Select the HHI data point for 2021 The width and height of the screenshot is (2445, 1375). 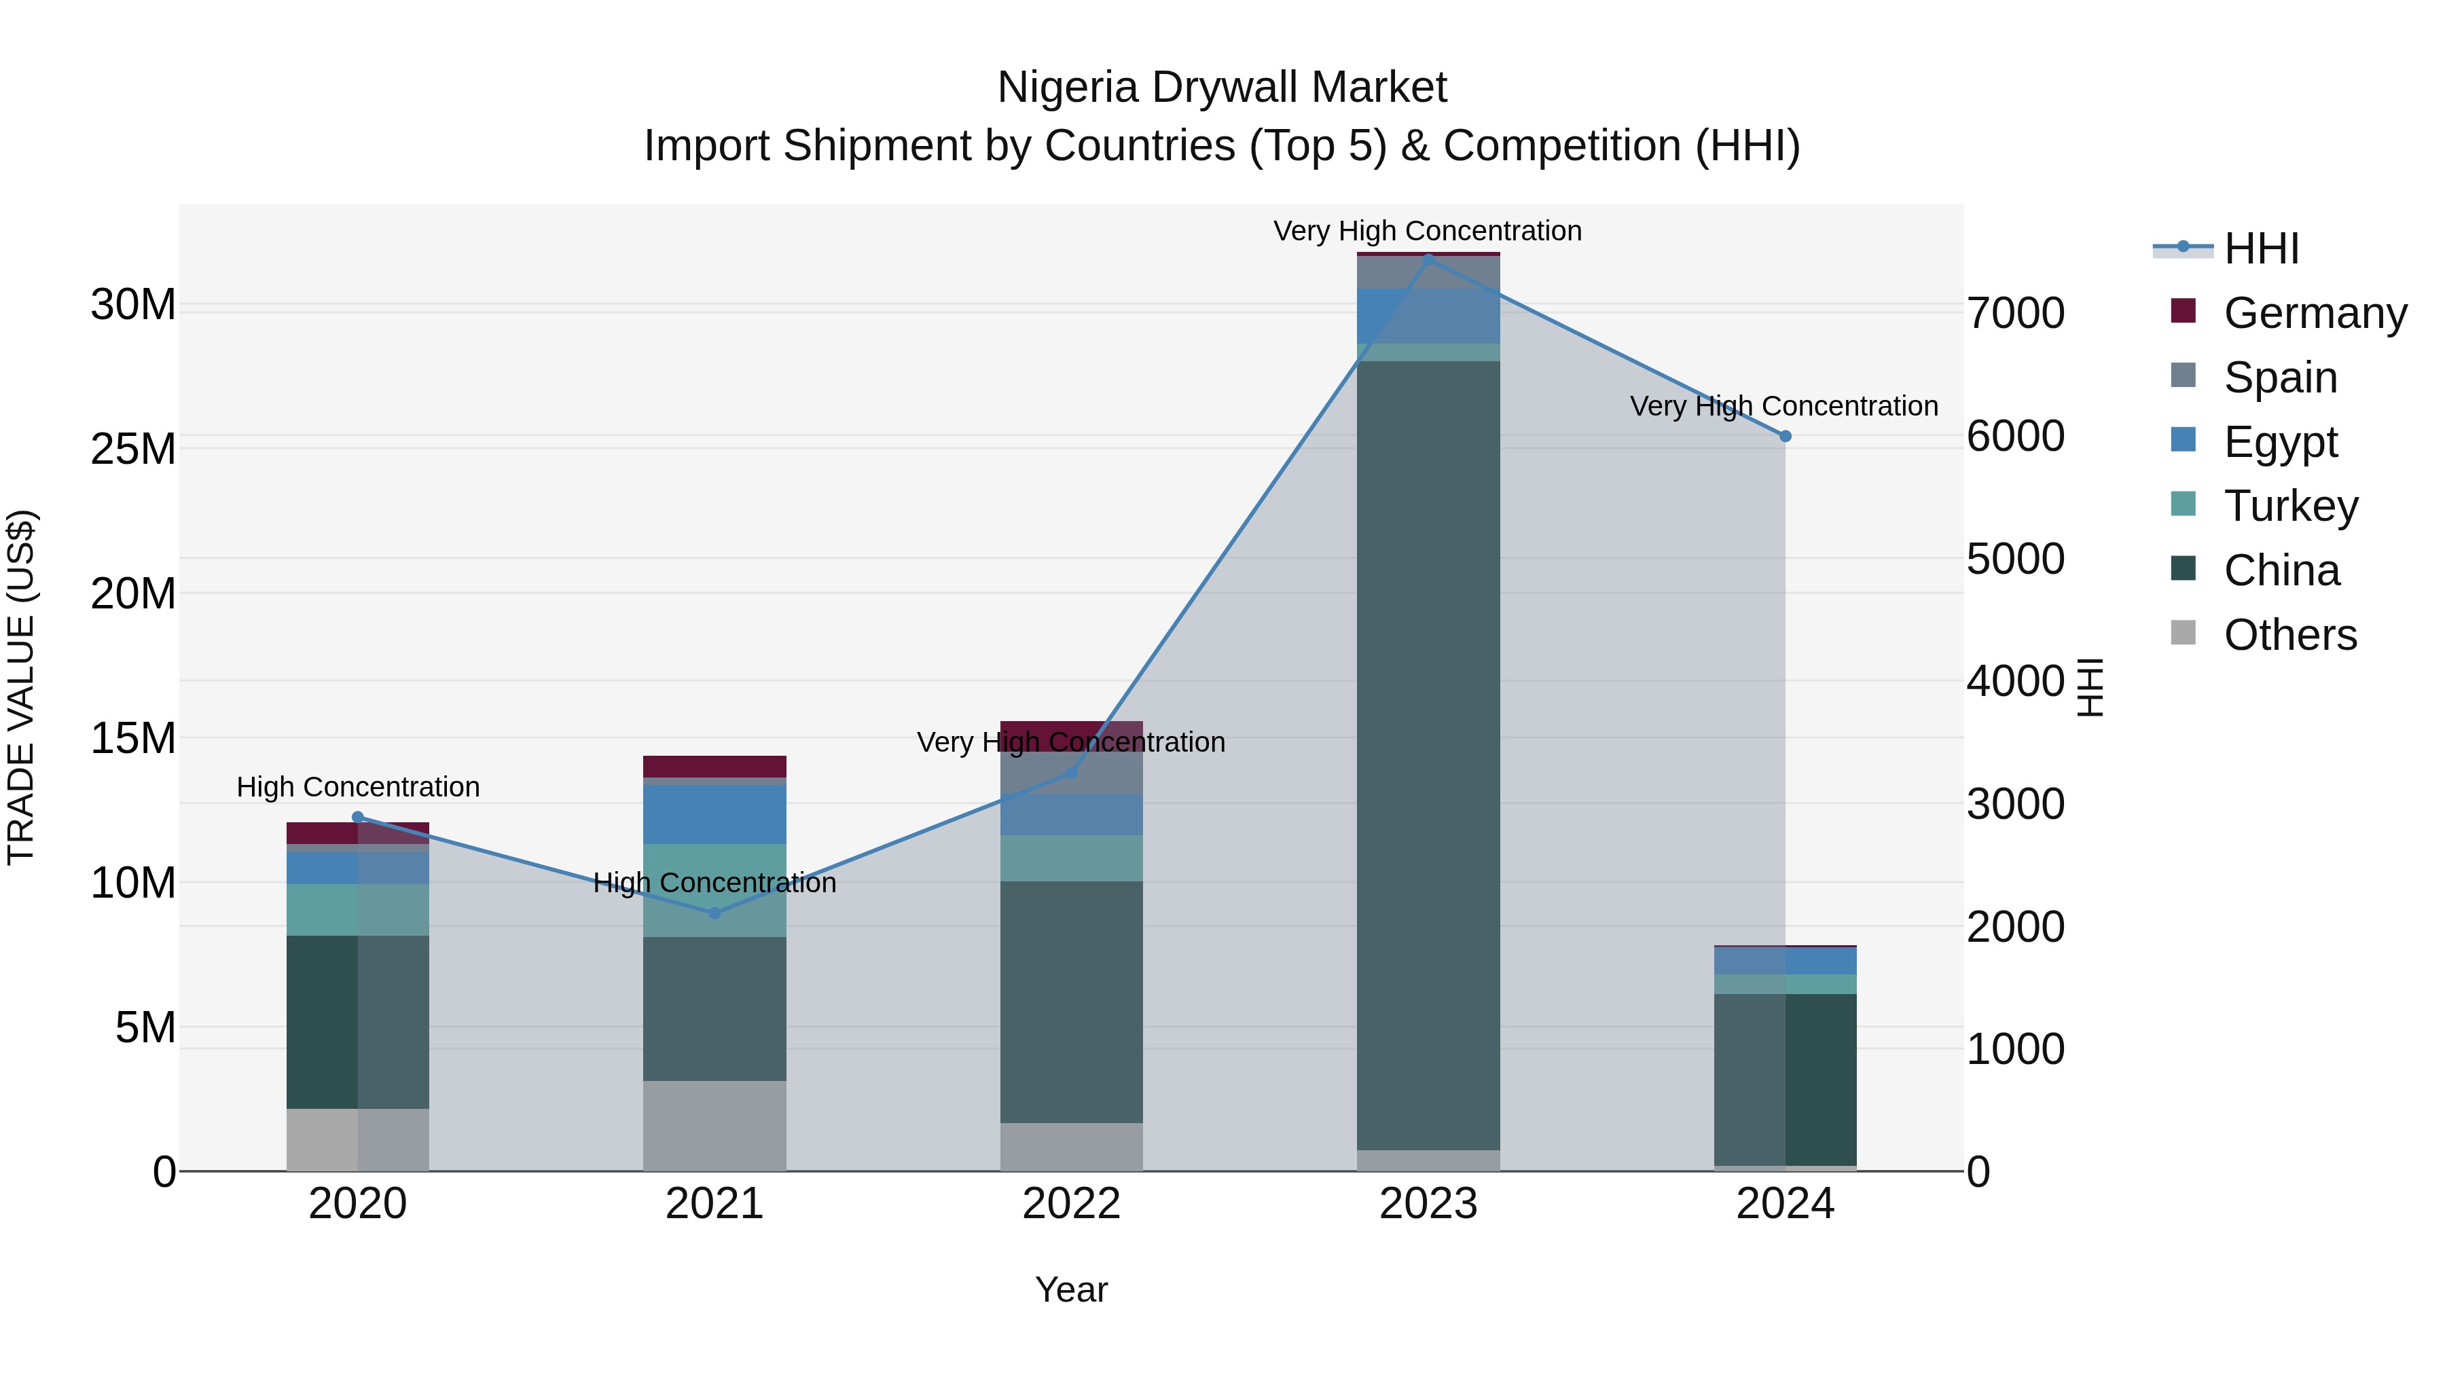point(714,913)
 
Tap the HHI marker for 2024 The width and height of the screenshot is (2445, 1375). point(1786,437)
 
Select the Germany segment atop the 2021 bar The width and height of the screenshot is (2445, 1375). point(714,766)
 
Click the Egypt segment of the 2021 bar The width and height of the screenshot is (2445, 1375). point(714,813)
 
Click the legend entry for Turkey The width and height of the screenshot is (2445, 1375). point(2289,506)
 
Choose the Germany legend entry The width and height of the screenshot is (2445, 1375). point(2313,313)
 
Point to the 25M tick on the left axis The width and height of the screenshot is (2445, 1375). point(133,449)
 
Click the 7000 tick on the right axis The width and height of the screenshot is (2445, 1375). point(2015,313)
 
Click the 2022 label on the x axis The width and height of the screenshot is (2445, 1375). point(1072,1204)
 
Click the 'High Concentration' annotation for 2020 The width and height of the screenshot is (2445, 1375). point(358,787)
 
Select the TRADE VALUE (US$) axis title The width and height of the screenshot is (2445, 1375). point(21,687)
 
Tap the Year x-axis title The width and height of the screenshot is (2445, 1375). point(1072,1289)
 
